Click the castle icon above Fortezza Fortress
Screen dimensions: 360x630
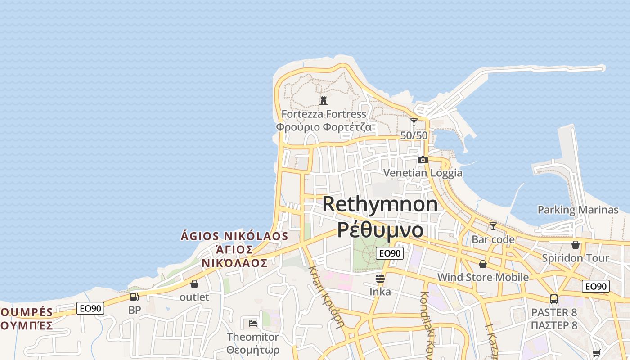323,100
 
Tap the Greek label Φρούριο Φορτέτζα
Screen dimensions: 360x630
324,127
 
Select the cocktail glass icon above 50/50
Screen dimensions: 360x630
414,122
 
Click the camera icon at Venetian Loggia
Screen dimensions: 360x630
423,160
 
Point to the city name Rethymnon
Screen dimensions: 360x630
380,204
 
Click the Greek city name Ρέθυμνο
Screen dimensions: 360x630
380,230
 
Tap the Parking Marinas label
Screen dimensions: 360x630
578,210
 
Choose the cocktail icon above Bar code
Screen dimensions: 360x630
493,226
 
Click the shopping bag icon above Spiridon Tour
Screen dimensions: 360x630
575,245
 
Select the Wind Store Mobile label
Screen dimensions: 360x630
483,277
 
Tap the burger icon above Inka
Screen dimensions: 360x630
380,279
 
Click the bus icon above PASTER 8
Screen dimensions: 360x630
554,299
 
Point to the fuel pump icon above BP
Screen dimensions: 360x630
134,297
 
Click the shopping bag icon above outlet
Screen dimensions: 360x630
194,284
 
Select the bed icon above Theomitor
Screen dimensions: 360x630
253,323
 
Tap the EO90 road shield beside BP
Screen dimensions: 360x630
90,308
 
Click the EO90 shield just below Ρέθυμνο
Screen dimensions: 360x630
390,253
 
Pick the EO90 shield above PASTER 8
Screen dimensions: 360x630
595,286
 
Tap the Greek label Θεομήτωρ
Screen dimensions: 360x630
253,350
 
